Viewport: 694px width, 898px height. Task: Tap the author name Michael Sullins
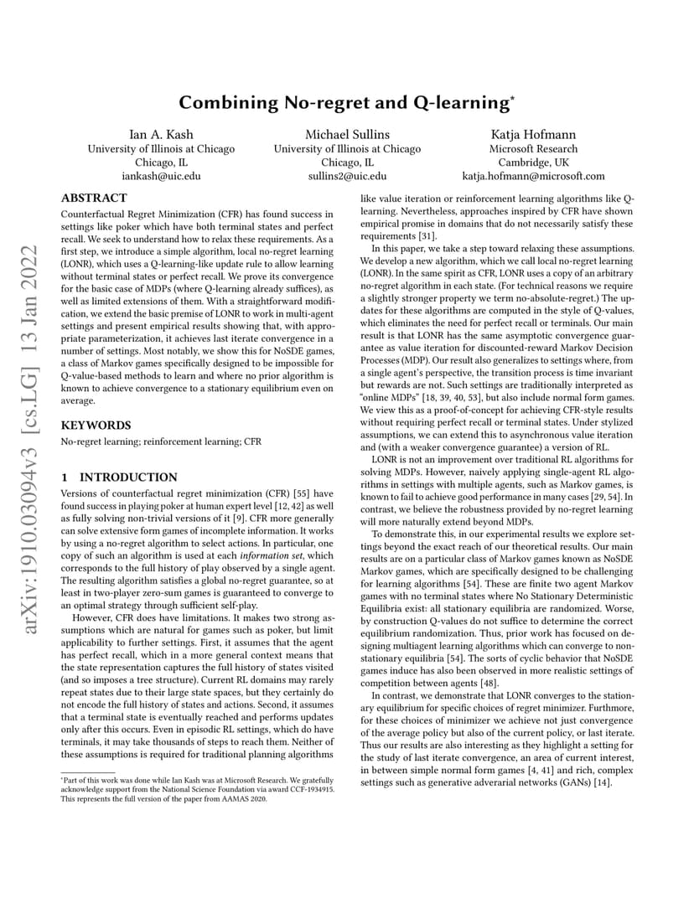[x=347, y=134]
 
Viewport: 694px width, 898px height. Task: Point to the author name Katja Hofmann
[x=532, y=134]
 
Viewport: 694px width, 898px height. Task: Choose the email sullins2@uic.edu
[x=347, y=176]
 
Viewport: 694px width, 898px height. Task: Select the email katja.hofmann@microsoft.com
[x=533, y=176]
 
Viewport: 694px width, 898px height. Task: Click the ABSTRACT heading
[x=95, y=199]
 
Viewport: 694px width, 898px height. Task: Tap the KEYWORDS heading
[x=96, y=425]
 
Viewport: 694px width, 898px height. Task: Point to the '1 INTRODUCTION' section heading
[x=119, y=477]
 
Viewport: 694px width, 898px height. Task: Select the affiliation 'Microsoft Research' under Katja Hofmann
[x=533, y=148]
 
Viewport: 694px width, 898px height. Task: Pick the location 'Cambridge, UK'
[x=533, y=162]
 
